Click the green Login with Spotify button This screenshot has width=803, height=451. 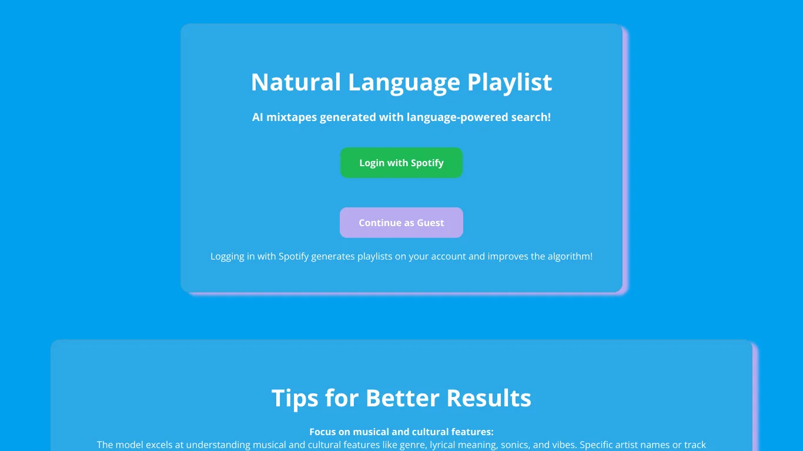(x=401, y=163)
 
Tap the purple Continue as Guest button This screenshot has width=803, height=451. (x=401, y=223)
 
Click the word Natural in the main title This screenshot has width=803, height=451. (x=296, y=82)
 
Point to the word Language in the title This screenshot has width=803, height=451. (x=404, y=82)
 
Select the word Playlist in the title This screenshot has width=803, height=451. (x=510, y=82)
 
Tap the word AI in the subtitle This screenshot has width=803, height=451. (x=257, y=117)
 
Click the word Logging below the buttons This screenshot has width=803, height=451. (x=227, y=257)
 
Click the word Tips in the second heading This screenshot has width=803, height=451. (x=295, y=398)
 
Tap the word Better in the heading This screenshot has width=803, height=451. (x=402, y=398)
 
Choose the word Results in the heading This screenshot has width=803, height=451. (x=489, y=398)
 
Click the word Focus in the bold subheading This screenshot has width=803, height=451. (x=322, y=432)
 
